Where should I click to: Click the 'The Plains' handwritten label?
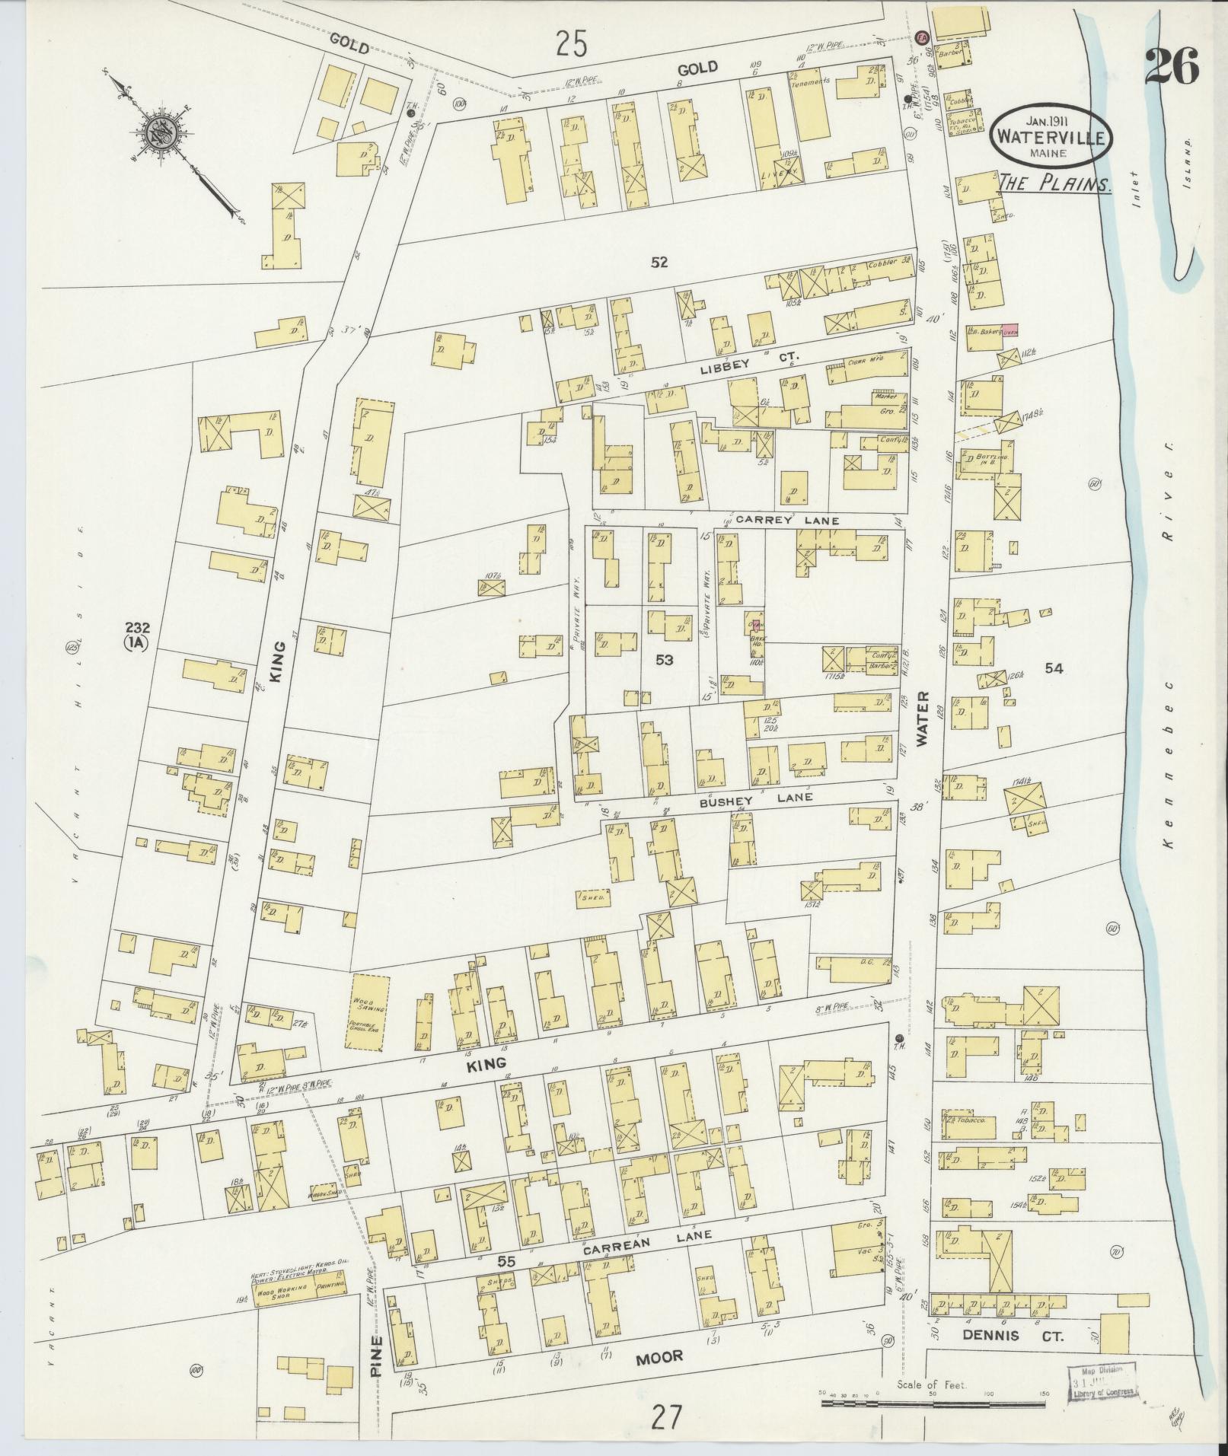pyautogui.click(x=1054, y=183)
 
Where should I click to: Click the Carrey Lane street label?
pyautogui.click(x=786, y=521)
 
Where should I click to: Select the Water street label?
pyautogui.click(x=923, y=717)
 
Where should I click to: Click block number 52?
pyautogui.click(x=659, y=263)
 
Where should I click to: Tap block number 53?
pyautogui.click(x=664, y=660)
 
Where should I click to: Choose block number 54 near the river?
pyautogui.click(x=1054, y=668)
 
